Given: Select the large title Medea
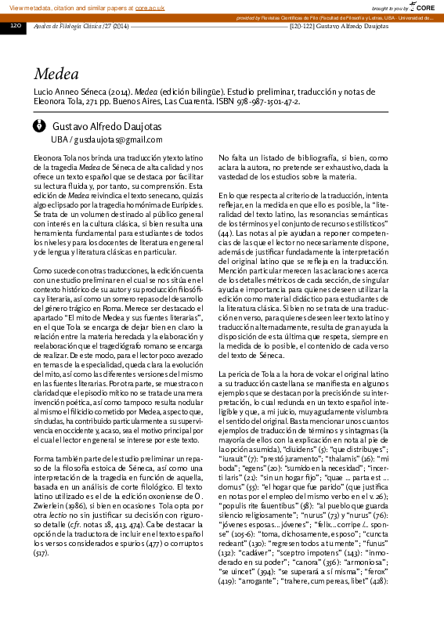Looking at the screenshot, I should [56, 74].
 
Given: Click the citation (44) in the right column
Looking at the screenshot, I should [225, 233].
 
